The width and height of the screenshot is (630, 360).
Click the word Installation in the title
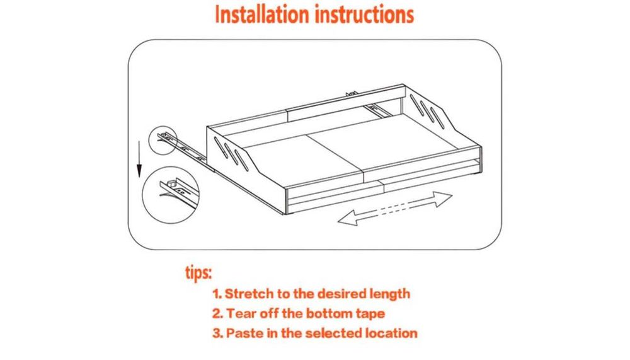click(261, 15)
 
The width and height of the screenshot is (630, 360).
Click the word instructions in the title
click(364, 15)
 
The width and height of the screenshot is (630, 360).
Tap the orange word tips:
click(198, 273)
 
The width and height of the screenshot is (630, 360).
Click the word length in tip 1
click(389, 294)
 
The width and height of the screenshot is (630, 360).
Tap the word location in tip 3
click(391, 333)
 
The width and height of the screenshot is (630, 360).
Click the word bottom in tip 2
click(329, 313)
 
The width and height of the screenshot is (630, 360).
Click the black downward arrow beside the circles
click(139, 159)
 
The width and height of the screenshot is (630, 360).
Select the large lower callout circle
click(144, 195)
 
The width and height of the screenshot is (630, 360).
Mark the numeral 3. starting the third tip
click(217, 333)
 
